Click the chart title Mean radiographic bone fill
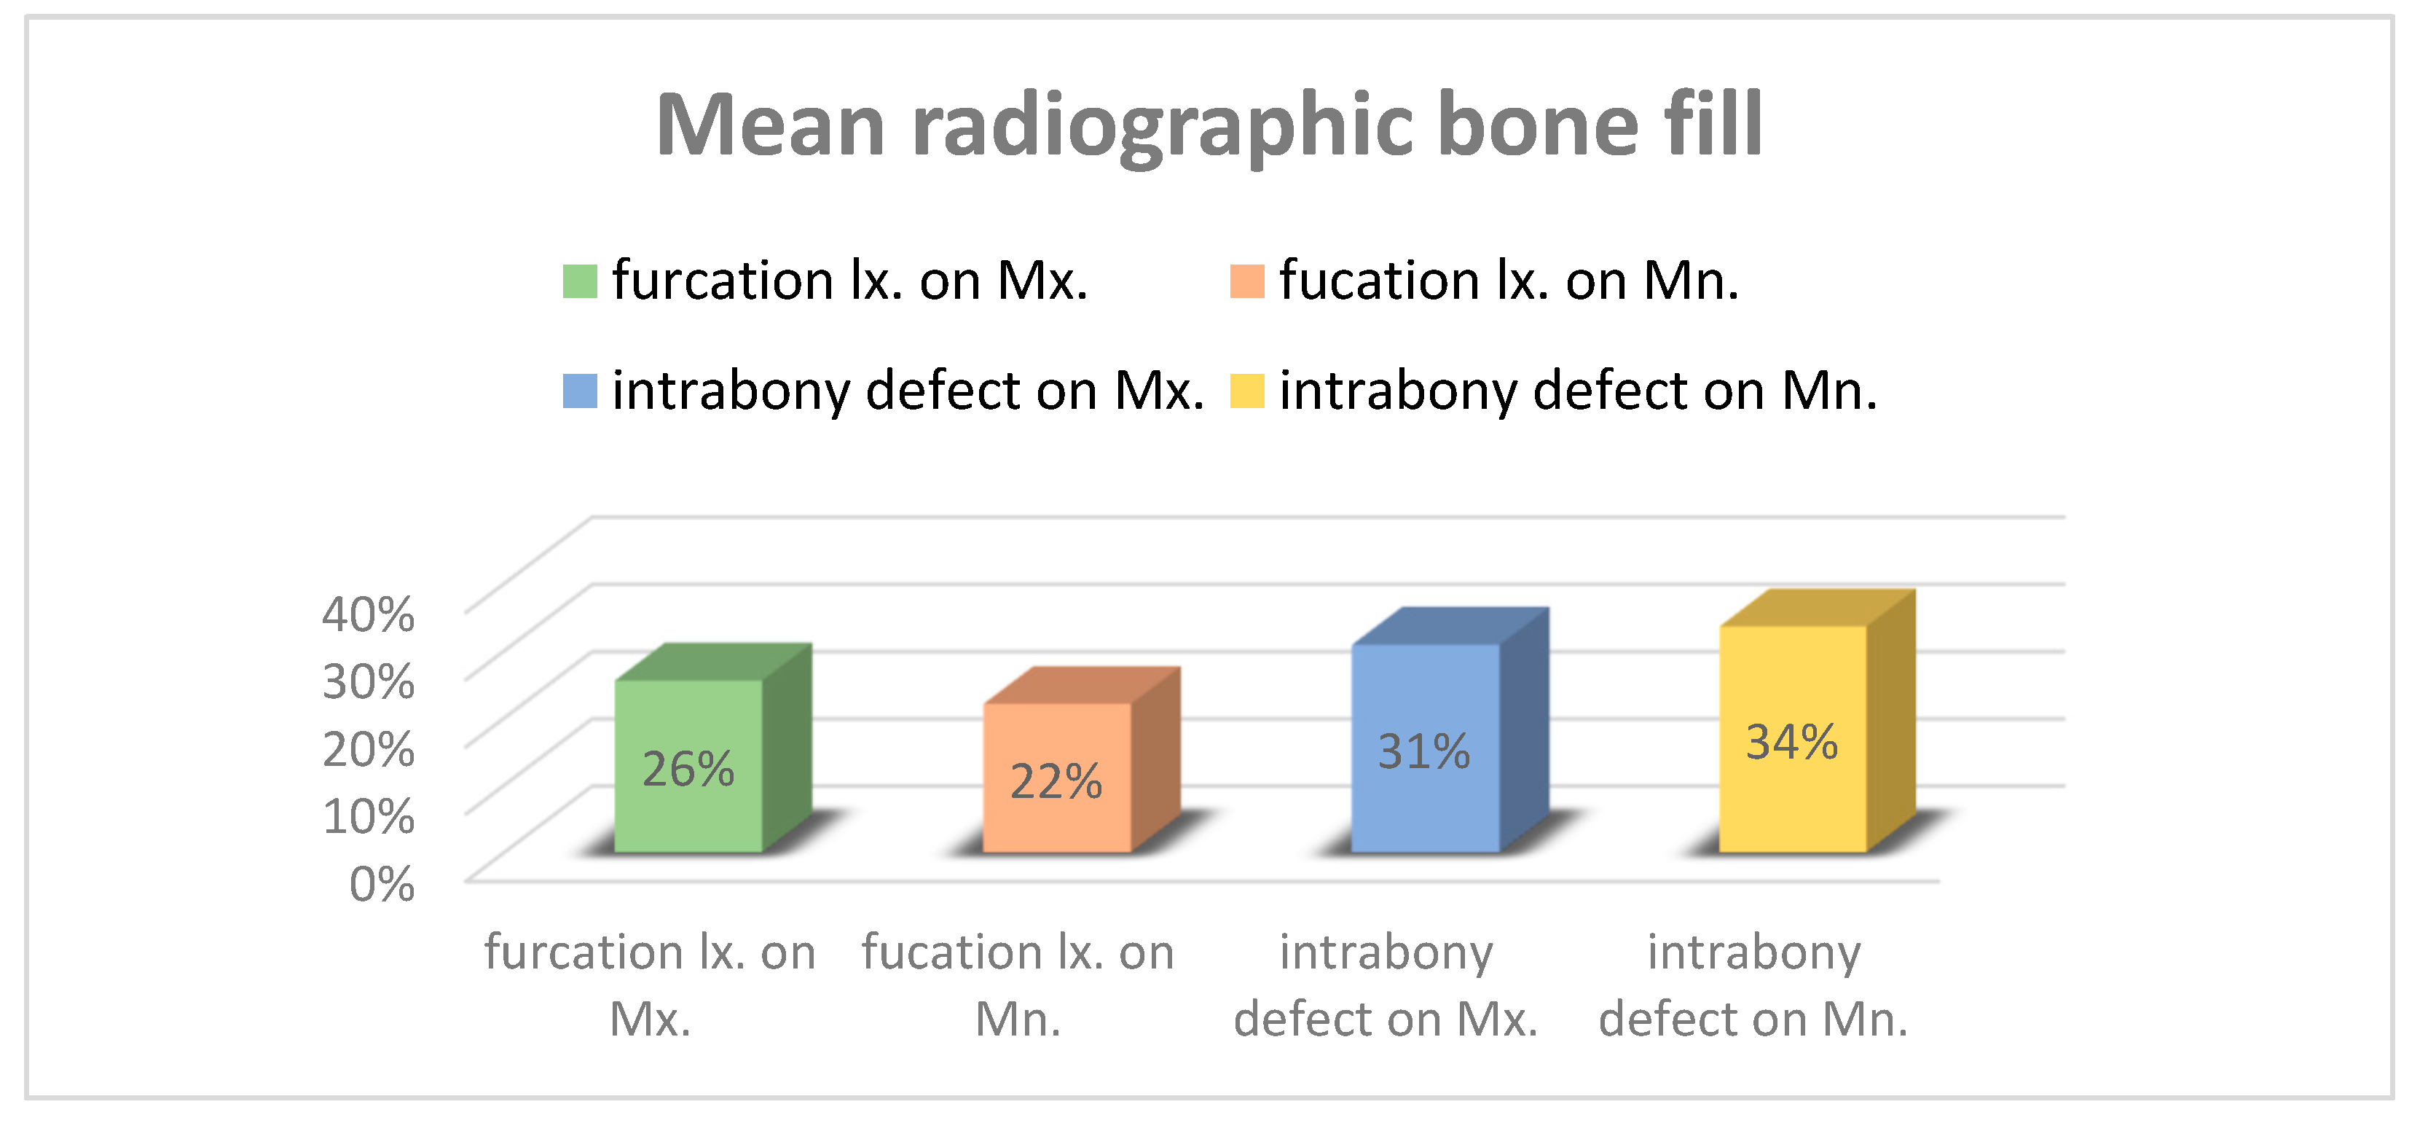point(1209,126)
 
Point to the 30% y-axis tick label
point(369,681)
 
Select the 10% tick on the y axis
point(369,815)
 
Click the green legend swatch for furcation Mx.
point(580,281)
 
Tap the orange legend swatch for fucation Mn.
point(1247,281)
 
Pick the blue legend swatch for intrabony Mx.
point(580,391)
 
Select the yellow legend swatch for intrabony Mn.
point(1247,391)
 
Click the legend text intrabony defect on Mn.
point(1579,391)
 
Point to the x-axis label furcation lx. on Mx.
point(651,985)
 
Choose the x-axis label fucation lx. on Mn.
point(1018,985)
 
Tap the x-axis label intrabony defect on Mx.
point(1386,985)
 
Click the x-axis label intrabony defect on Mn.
point(1754,985)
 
